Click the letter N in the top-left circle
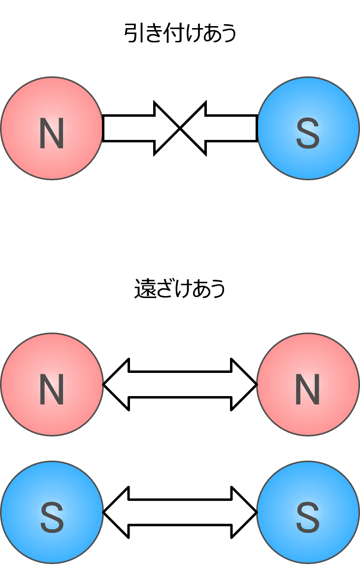(x=52, y=134)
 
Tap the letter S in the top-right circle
(x=308, y=134)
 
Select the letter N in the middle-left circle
(x=52, y=390)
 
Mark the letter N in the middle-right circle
(x=308, y=390)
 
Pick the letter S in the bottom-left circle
(x=52, y=518)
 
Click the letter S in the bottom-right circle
(x=308, y=518)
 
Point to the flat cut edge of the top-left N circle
(x=101, y=128)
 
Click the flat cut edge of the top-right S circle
(x=259, y=128)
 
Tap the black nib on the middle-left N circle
(x=103, y=384)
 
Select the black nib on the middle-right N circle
(x=257, y=384)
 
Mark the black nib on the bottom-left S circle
(x=103, y=512)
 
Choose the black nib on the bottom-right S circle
(x=257, y=512)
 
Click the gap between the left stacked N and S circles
(x=52, y=448)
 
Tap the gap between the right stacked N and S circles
(x=308, y=448)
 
